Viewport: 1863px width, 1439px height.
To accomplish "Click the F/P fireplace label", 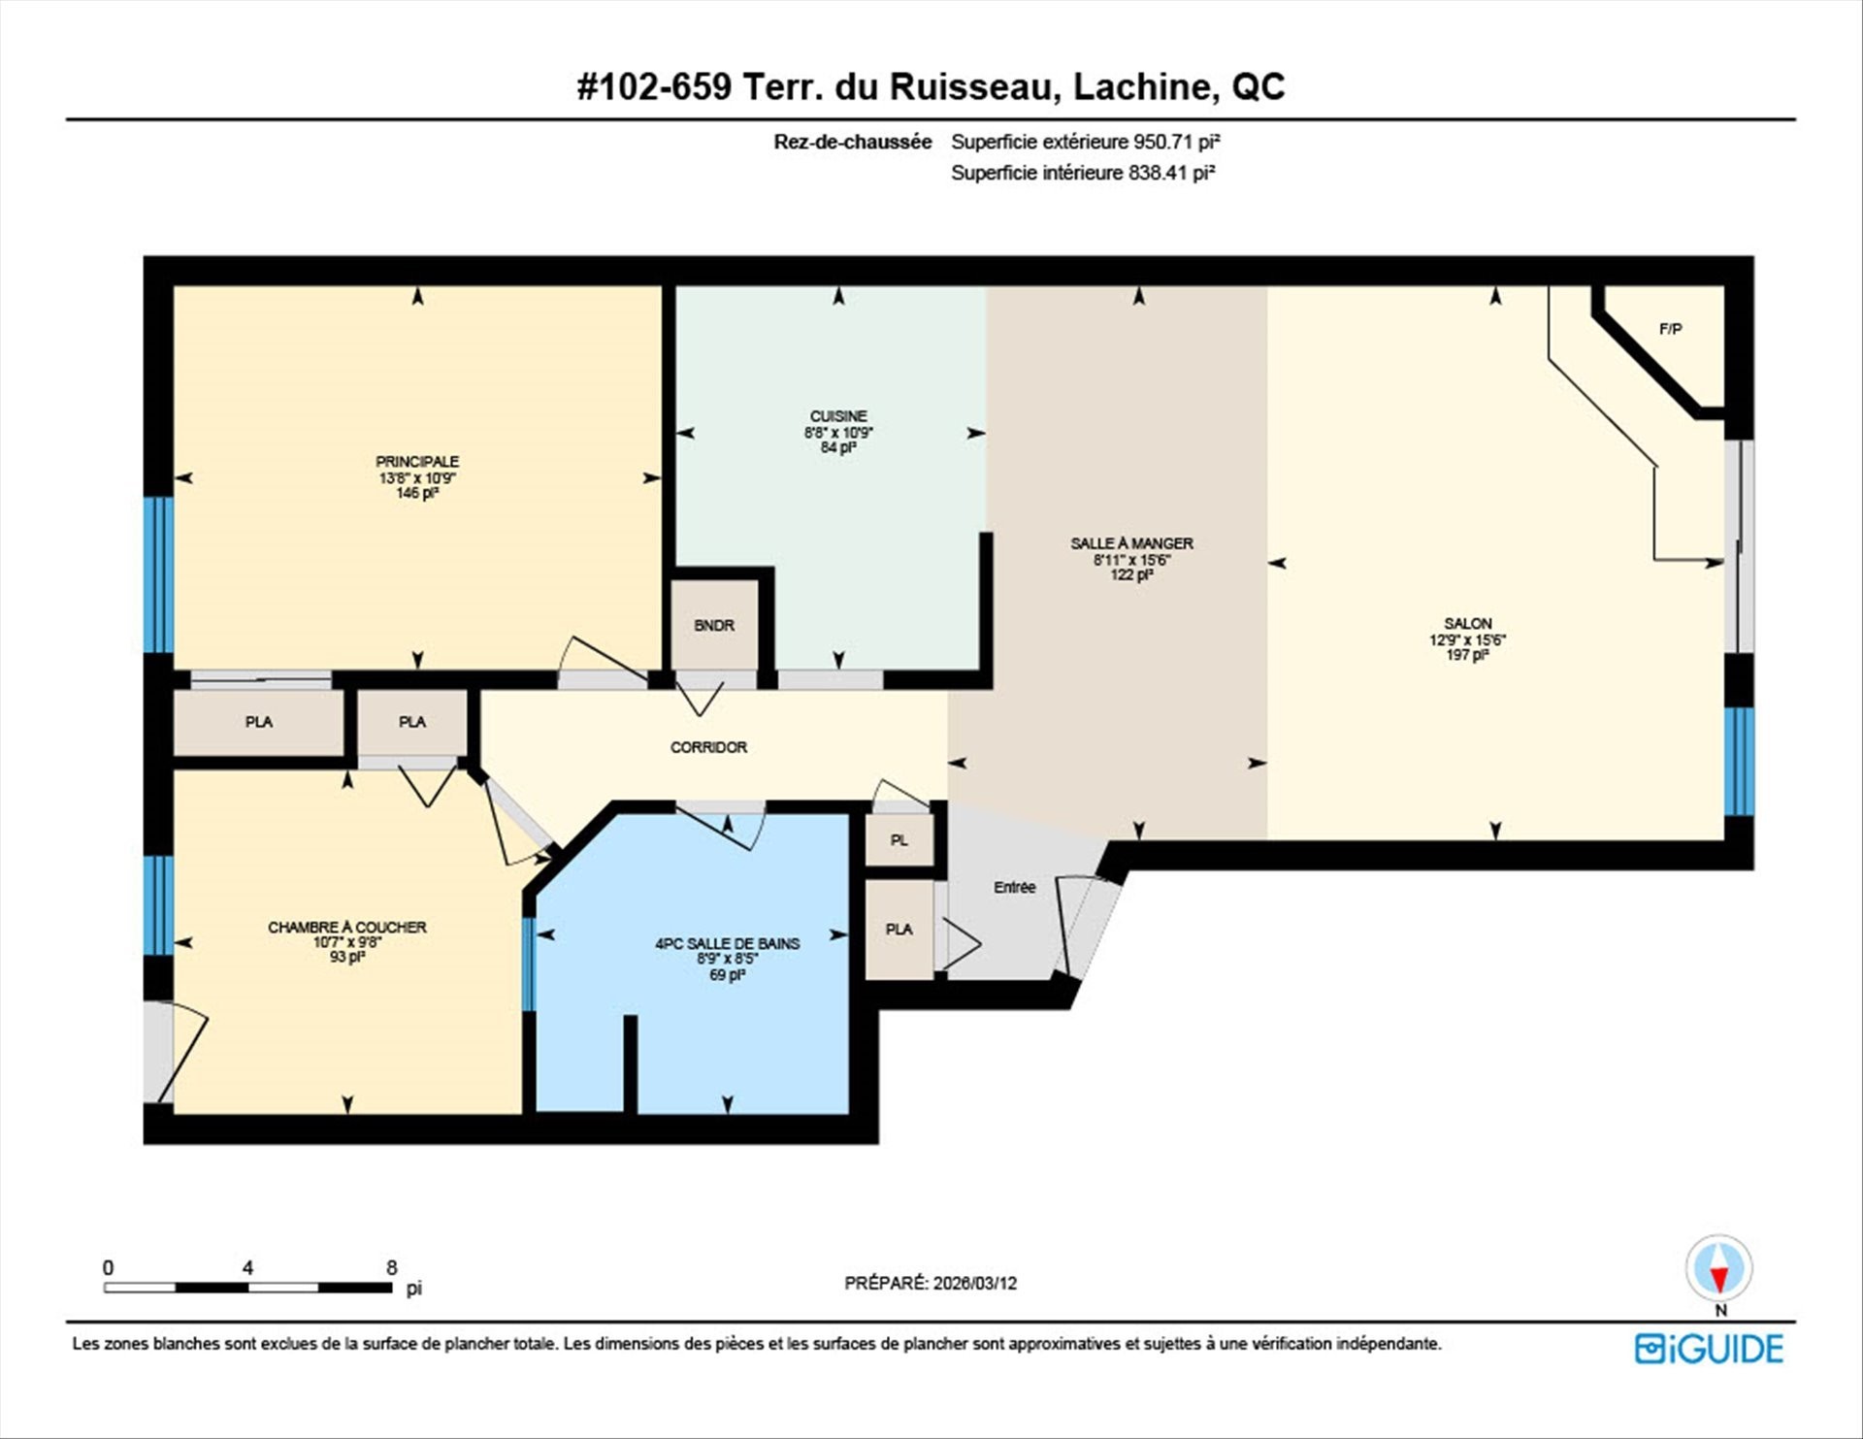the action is (x=1670, y=329).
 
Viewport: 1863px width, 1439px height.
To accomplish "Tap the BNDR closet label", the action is (x=714, y=626).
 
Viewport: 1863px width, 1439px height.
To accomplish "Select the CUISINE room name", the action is (x=838, y=416).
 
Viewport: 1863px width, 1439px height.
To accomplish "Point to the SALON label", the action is (x=1467, y=624).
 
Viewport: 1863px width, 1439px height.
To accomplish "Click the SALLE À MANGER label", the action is (x=1131, y=543).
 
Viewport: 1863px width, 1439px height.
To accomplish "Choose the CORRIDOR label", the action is (x=708, y=747).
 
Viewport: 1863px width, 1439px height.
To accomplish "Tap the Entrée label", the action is (x=1014, y=887).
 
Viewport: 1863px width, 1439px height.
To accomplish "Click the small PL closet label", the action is (x=899, y=840).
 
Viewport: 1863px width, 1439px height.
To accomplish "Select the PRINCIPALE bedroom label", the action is (x=417, y=462).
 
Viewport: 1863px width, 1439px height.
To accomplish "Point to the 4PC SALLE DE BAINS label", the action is (x=727, y=943).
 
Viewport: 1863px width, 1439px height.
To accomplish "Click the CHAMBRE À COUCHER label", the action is (x=346, y=927).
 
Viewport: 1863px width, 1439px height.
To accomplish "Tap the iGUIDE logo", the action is (x=1709, y=1349).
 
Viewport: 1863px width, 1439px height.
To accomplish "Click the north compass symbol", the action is (x=1718, y=1270).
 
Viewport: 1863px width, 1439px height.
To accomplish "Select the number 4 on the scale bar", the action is (x=247, y=1267).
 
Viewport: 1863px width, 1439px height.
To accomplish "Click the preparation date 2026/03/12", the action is (x=975, y=1283).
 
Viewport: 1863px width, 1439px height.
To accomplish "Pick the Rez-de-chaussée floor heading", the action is (x=852, y=142).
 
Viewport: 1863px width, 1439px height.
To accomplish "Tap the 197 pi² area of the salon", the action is (x=1467, y=655).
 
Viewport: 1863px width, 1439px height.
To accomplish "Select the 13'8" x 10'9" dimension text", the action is (x=417, y=477).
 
